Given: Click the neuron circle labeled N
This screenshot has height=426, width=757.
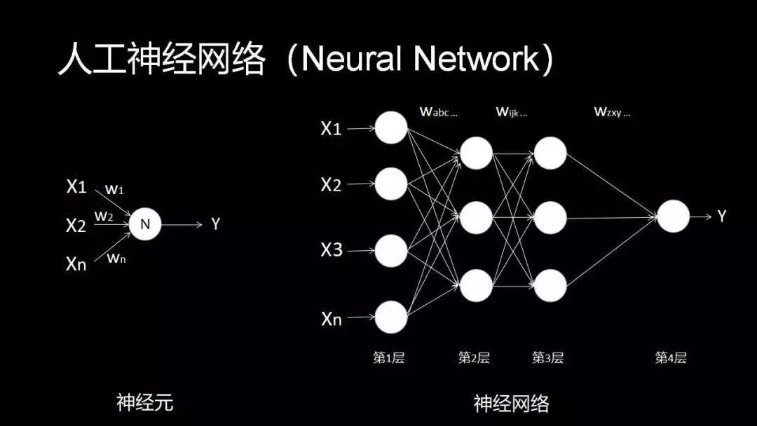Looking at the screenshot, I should coord(146,224).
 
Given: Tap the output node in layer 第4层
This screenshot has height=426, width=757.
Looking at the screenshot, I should coord(673,217).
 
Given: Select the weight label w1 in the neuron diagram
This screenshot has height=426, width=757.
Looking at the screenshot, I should coord(113,189).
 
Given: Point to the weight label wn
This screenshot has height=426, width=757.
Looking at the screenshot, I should coord(116,258).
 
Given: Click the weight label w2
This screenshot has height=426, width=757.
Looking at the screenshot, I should coord(104,216).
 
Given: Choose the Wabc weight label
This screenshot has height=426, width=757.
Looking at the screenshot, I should coord(438,111).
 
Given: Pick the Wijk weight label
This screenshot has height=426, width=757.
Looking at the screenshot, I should coord(512,111).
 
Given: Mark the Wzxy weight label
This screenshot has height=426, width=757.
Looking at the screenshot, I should coord(612,111).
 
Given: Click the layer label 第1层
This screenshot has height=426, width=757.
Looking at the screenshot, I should coord(388,358).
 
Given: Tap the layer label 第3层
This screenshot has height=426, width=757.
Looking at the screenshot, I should coord(547,358).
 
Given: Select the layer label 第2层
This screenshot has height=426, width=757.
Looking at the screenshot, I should coord(474,358).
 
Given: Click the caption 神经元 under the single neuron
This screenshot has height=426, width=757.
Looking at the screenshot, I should coord(144,403).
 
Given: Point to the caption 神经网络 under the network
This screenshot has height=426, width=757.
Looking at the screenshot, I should coord(511,403).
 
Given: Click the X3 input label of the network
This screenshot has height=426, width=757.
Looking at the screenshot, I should coord(332,249).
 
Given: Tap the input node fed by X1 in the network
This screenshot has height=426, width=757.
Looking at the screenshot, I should coord(390,128).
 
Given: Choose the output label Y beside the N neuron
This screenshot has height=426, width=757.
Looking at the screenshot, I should coord(216,224).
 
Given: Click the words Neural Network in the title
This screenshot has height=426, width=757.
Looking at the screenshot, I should coord(418,60).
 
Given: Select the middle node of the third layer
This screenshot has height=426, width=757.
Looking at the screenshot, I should coord(550,218).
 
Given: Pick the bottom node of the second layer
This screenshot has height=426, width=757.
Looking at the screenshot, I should coord(476,285).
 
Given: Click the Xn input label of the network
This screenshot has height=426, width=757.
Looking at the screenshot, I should coord(332,319).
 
